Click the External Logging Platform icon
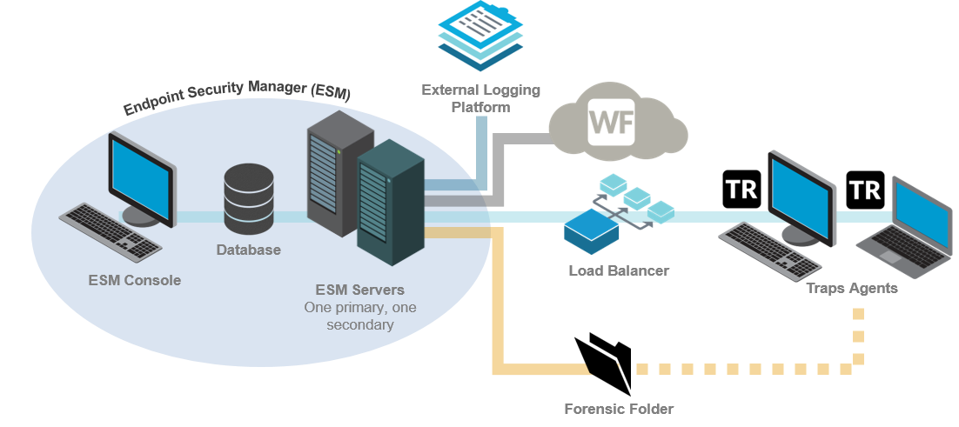pyautogui.click(x=480, y=36)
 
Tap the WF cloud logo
pyautogui.click(x=613, y=123)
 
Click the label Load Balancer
pyautogui.click(x=619, y=270)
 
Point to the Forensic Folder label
pyautogui.click(x=619, y=409)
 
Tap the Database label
pyautogui.click(x=249, y=250)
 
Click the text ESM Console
pyautogui.click(x=135, y=280)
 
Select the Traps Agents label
pyautogui.click(x=851, y=288)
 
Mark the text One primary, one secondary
pyautogui.click(x=359, y=316)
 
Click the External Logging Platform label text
pyautogui.click(x=480, y=98)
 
